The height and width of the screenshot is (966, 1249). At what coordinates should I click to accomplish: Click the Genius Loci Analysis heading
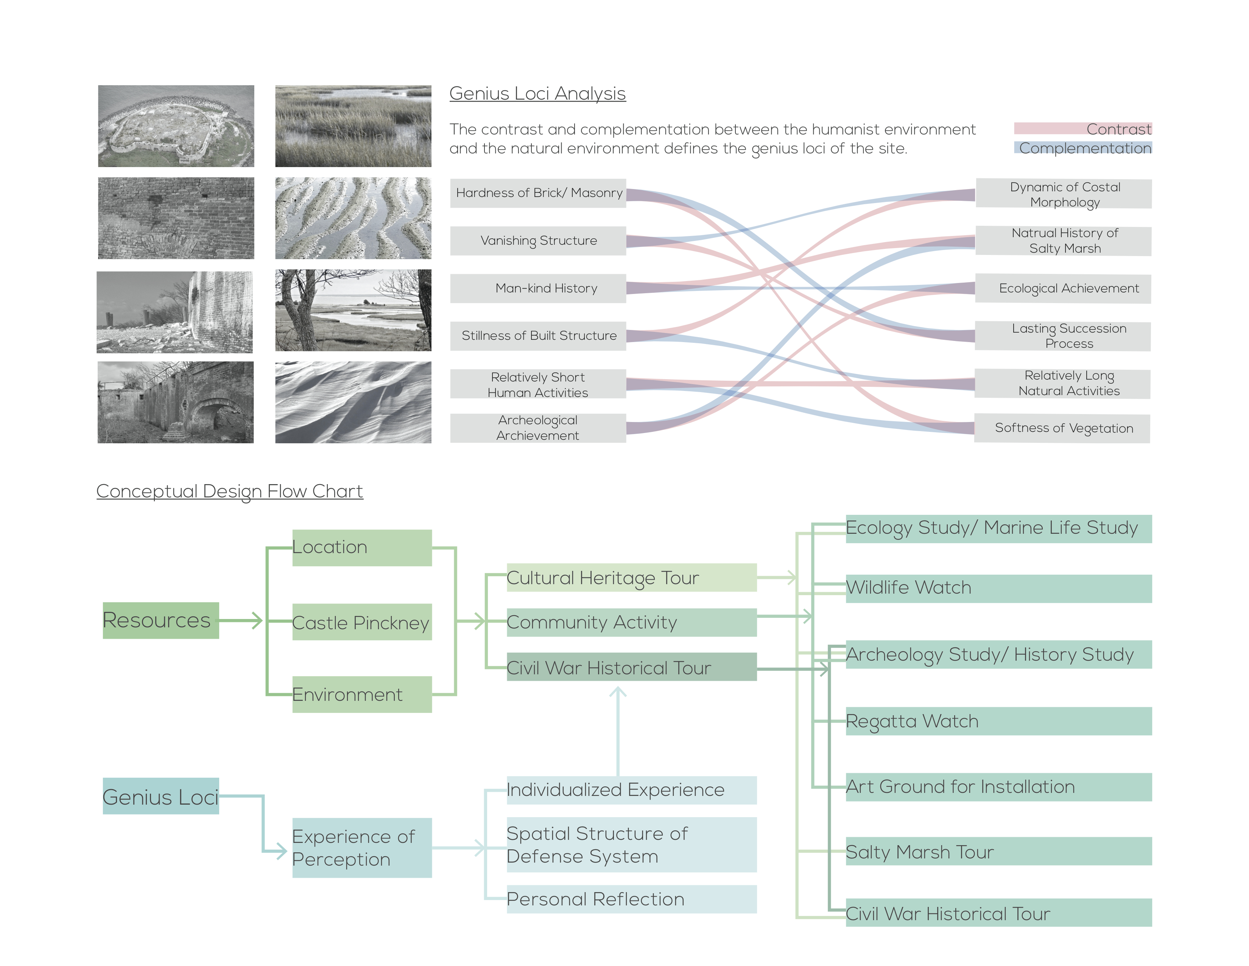tap(537, 93)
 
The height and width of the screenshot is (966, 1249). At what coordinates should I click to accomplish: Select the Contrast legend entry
tap(1082, 129)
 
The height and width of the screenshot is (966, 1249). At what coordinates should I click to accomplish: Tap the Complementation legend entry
tap(1082, 148)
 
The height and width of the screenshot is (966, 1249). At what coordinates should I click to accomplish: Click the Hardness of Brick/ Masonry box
tap(538, 193)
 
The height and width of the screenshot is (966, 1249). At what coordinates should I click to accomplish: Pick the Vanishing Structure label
tap(538, 240)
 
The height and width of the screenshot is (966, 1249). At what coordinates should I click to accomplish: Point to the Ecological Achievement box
tap(1063, 288)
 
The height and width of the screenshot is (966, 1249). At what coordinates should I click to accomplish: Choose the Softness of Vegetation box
tap(1062, 428)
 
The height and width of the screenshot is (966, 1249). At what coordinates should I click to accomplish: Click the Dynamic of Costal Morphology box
tap(1064, 194)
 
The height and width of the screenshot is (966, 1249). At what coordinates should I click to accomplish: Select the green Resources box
tap(161, 621)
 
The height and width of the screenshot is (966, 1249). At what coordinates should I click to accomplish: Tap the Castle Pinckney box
tap(362, 622)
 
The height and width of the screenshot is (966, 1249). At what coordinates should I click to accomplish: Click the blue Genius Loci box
tap(161, 796)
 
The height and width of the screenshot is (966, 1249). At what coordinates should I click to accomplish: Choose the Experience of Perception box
tap(362, 847)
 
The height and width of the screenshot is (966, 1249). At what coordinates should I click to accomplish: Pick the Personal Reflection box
tap(631, 899)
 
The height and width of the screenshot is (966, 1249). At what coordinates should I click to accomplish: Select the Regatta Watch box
tap(998, 721)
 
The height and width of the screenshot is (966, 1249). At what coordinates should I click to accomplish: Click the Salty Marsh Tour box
tap(998, 852)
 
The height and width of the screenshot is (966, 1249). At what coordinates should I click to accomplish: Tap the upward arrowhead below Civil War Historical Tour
tap(618, 692)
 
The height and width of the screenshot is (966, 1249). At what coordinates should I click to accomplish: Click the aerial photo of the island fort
tap(176, 126)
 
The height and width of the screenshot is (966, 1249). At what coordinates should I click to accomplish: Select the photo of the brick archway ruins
tap(176, 402)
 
